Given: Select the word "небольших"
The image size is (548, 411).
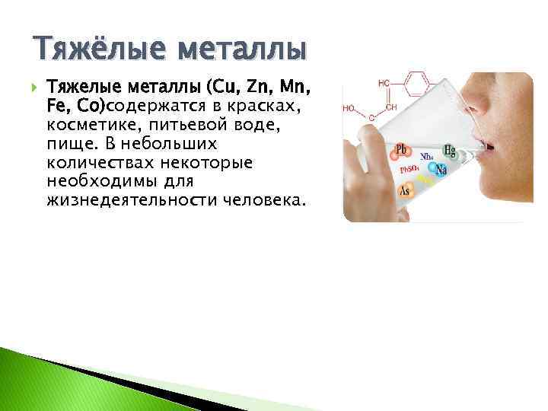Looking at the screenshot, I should (177, 143).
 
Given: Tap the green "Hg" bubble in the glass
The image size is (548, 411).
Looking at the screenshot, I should (451, 151).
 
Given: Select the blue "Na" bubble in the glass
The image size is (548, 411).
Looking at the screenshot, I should (441, 171).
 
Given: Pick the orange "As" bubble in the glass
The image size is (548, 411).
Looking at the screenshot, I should (405, 191).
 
